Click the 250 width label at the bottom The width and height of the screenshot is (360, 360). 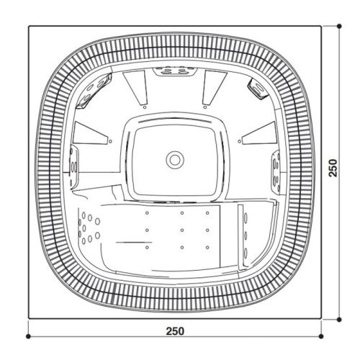[175, 331]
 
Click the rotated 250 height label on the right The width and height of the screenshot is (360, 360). [332, 168]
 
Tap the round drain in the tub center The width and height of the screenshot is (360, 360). [174, 158]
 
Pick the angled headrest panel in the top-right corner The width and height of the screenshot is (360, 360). [256, 87]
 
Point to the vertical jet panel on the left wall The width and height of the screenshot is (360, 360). [73, 167]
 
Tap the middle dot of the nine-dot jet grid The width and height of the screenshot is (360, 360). [182, 230]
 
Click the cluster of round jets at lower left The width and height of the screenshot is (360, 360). [89, 226]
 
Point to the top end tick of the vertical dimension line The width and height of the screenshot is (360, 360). [341, 26]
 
